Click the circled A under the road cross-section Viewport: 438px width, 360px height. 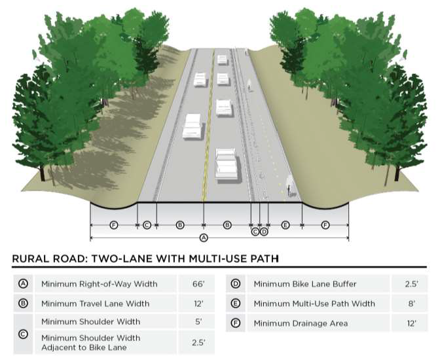(203, 238)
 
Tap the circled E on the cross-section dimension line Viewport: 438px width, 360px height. (285, 225)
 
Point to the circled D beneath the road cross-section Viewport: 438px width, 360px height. (264, 231)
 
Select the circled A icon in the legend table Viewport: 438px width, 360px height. (24, 284)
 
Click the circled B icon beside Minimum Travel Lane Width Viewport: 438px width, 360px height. (24, 304)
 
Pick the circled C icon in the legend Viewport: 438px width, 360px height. (24, 333)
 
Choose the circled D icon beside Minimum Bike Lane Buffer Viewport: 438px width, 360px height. (236, 284)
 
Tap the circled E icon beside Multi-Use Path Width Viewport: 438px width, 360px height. (236, 304)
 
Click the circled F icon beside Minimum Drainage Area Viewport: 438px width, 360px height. (236, 323)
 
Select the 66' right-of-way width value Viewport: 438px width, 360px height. (198, 284)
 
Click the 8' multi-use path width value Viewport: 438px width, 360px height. (411, 304)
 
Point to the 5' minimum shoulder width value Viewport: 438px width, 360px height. (198, 322)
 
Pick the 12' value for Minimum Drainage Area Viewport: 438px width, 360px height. (411, 323)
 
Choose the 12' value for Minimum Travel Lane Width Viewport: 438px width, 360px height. (198, 304)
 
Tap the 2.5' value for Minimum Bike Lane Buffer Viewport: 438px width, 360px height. (411, 284)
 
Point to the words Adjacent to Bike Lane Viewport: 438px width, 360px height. (84, 347)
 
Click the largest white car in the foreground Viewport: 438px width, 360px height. (227, 164)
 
